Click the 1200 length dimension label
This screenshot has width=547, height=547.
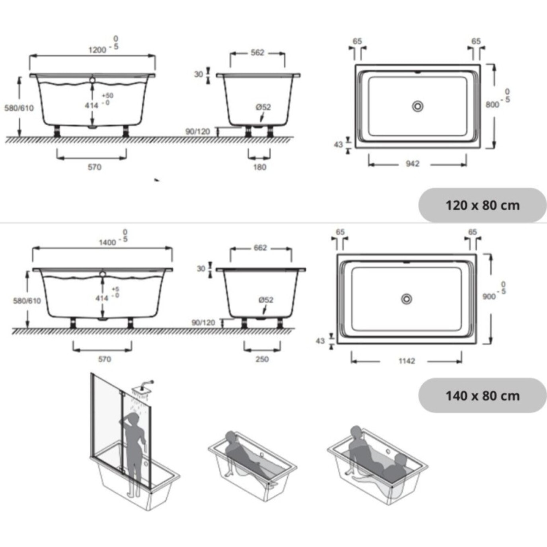97,50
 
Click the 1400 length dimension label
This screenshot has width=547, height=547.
107,242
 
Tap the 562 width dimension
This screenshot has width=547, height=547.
257,53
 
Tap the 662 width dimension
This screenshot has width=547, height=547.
260,248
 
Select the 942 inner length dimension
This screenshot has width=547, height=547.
413,164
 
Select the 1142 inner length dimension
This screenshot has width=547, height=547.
407,361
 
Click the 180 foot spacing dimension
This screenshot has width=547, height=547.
259,167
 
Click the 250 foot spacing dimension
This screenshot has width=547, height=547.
262,359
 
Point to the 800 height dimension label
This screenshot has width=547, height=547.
492,104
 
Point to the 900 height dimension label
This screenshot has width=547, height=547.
489,296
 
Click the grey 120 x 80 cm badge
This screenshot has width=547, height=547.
482,205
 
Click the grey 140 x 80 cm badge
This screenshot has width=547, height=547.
482,396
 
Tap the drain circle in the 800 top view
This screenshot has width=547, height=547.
418,106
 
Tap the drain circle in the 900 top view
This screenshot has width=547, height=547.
406,299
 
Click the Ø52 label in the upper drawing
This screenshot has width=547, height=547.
263,107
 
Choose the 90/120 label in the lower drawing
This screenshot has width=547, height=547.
203,322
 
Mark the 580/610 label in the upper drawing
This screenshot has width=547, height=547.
19,108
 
